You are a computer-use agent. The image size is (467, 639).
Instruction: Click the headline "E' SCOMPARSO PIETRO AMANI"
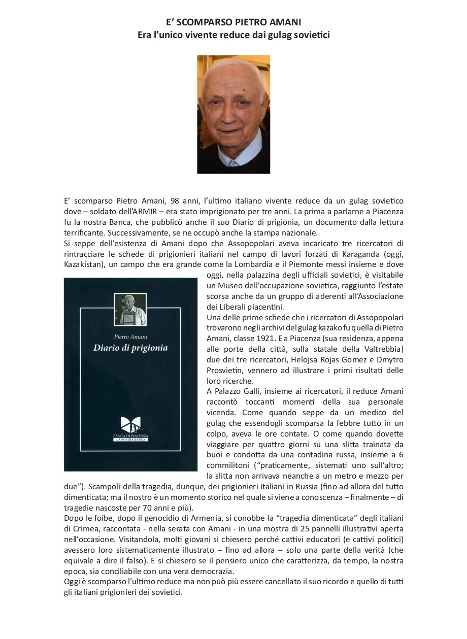coord(233,22)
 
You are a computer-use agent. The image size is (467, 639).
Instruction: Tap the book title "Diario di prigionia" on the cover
coord(130,348)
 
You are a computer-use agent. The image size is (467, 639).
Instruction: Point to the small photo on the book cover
coord(130,310)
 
